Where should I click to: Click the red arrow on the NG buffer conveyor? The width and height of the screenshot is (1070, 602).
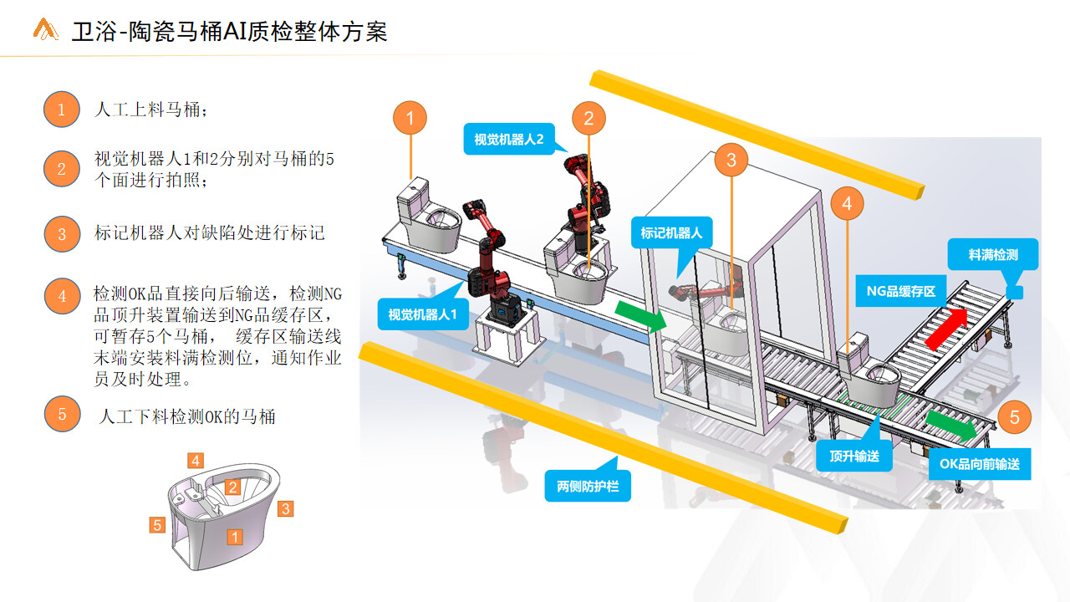947,329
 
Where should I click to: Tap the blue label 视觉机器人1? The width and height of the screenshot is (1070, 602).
423,314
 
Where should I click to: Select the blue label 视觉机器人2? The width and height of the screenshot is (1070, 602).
509,139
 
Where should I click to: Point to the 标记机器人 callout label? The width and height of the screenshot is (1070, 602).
671,232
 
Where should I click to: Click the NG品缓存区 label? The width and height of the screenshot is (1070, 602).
901,291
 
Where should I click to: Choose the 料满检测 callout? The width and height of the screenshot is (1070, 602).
993,254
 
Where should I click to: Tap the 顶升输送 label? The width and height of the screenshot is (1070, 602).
854,456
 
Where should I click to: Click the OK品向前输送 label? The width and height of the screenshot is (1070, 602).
980,463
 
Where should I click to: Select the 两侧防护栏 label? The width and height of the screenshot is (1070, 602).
588,486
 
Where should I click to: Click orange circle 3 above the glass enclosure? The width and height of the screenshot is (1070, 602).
731,160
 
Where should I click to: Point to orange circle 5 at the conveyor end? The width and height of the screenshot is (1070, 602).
1015,417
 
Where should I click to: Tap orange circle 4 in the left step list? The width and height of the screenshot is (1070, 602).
62,296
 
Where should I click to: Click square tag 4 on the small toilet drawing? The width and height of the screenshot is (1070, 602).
196,461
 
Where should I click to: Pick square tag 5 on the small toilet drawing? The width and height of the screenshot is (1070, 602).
157,524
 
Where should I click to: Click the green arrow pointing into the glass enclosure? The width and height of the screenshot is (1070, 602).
640,316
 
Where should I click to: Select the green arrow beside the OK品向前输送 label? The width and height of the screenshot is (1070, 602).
951,426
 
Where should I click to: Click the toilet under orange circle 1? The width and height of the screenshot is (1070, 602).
429,216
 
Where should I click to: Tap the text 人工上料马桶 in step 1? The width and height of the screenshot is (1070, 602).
147,110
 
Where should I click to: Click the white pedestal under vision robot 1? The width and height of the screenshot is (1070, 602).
509,336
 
